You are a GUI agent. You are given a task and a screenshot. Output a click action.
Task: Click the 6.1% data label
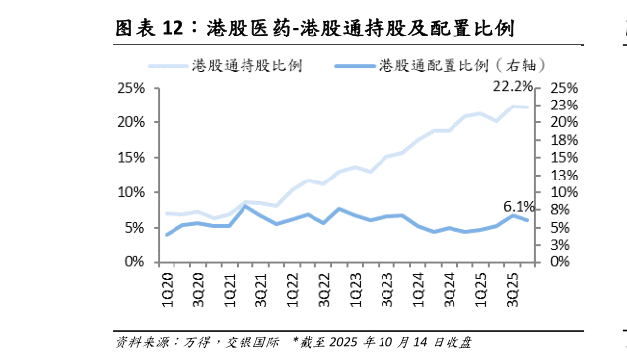point(519,207)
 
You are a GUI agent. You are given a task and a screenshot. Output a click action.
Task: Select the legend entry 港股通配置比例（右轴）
point(444,65)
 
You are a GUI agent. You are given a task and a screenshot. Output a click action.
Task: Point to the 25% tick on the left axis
point(131,88)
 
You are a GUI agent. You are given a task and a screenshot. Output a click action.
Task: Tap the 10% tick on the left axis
point(131,192)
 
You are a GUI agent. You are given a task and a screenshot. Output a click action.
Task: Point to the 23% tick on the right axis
point(564,105)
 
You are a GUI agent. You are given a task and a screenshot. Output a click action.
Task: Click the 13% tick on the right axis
point(564,175)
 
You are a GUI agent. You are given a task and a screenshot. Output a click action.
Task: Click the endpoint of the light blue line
point(526,108)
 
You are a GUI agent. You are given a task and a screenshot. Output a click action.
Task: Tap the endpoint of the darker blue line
point(526,220)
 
